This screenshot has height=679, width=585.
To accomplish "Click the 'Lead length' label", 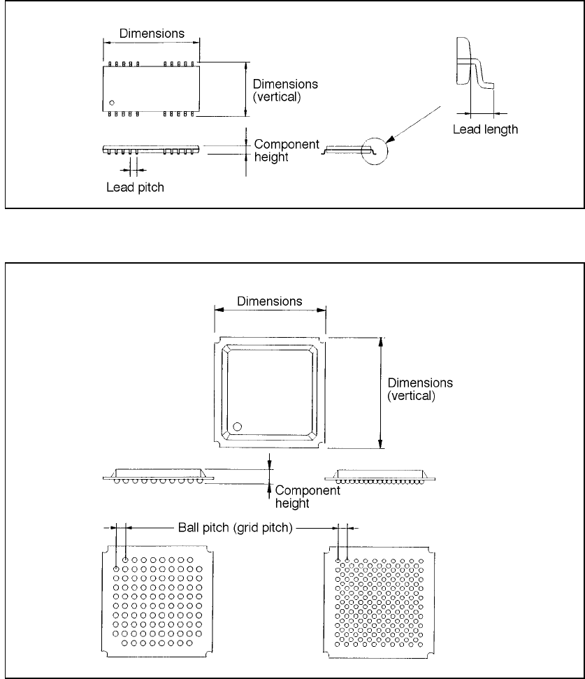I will [485, 129].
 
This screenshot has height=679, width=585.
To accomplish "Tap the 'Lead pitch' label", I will [135, 187].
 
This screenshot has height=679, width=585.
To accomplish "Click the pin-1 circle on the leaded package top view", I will [112, 103].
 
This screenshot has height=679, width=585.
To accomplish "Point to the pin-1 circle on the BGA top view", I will [238, 426].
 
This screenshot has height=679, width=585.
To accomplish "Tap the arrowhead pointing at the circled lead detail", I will [389, 140].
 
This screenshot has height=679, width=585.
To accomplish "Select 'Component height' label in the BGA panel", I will [307, 496].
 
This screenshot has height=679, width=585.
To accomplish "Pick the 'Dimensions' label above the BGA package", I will [270, 301].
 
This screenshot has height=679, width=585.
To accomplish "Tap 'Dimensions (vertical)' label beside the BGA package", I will [419, 389].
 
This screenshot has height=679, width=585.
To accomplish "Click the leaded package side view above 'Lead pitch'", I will [151, 150].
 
